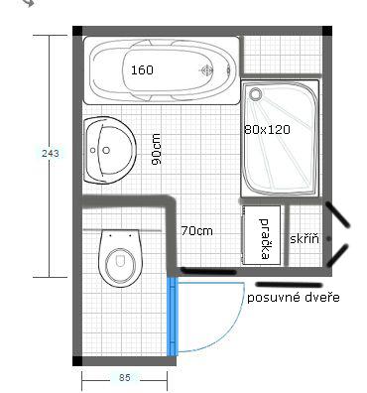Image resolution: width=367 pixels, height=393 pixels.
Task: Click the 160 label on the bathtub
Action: (142, 70)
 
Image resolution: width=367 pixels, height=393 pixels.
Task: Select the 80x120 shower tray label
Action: (267, 129)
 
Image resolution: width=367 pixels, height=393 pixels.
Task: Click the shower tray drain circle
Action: (255, 93)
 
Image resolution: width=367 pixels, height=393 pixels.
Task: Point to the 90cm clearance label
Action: (156, 149)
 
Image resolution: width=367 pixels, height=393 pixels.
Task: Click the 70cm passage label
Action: (196, 230)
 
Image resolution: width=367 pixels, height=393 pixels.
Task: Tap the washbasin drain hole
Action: (106, 151)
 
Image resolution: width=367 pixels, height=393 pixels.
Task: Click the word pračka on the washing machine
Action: (264, 238)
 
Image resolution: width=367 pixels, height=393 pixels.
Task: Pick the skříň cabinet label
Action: (305, 238)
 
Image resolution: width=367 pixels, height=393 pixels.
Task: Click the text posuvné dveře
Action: (294, 298)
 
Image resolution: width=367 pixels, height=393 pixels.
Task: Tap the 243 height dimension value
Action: (51, 154)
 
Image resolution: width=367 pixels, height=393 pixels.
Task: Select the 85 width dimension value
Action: (125, 377)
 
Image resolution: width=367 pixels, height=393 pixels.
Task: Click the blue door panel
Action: (172, 316)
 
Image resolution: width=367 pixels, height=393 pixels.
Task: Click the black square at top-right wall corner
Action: (327, 31)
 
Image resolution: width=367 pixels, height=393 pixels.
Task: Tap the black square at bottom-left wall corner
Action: (77, 361)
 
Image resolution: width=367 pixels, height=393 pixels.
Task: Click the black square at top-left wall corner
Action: (77, 31)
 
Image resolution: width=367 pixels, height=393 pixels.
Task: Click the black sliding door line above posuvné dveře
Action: (289, 285)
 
